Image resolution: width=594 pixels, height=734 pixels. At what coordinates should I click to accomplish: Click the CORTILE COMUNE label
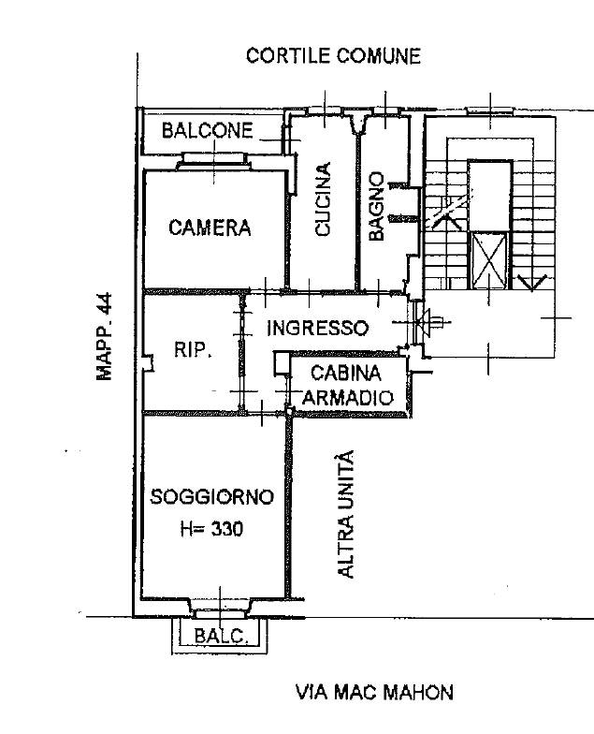[333, 56]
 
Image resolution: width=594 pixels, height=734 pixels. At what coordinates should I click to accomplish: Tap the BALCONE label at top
[207, 131]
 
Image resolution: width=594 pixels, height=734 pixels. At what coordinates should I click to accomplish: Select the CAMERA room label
[210, 228]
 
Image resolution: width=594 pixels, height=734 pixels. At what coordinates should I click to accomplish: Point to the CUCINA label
[323, 199]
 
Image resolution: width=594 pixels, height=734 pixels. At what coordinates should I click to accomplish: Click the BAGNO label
[376, 206]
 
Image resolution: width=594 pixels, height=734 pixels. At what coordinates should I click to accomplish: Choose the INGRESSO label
[317, 329]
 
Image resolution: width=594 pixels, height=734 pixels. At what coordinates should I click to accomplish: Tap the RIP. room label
[194, 351]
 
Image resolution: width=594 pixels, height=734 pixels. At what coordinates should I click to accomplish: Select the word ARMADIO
[348, 398]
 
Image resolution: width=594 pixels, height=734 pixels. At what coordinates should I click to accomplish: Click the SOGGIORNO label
[212, 497]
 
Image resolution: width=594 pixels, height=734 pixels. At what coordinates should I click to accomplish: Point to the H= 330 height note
[210, 529]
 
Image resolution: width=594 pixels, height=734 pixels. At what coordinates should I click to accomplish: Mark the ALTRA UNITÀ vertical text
[346, 513]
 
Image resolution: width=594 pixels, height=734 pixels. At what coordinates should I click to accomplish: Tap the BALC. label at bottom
[221, 638]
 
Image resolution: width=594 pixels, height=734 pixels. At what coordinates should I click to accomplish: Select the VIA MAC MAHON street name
[374, 693]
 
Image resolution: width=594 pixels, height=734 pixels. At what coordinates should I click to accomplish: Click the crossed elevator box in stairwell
[489, 261]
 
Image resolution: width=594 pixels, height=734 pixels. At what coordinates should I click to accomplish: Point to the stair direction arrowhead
[531, 282]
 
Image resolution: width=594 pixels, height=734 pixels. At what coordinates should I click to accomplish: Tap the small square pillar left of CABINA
[281, 362]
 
